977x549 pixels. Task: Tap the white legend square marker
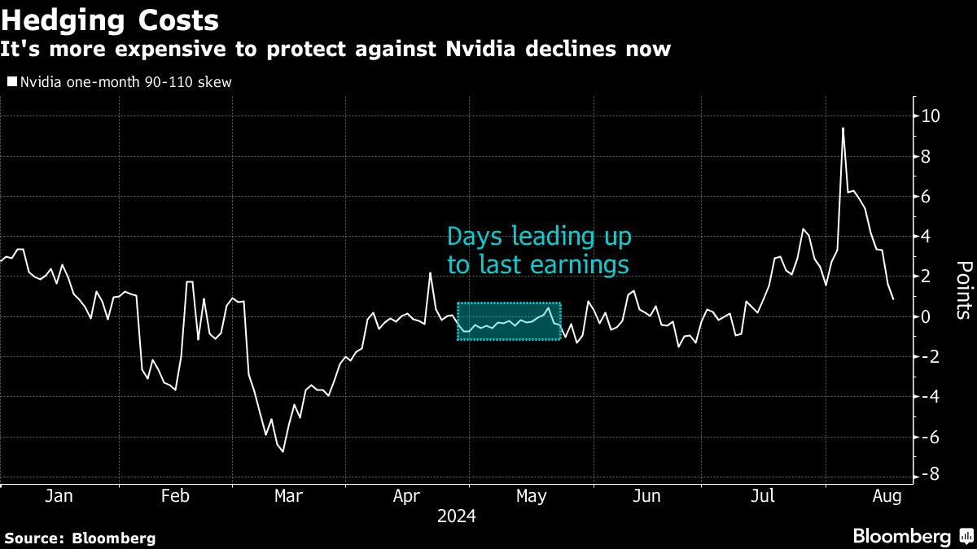tap(11, 81)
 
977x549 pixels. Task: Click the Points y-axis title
tap(962, 290)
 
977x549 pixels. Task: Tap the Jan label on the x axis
tap(59, 496)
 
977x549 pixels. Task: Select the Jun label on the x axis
tap(646, 496)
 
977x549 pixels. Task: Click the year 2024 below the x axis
tap(457, 516)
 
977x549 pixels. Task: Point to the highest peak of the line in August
tap(843, 129)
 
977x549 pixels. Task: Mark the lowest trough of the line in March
tap(283, 451)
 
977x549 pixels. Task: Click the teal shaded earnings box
tap(509, 321)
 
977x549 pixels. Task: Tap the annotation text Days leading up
tap(539, 237)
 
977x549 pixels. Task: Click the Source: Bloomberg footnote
tap(80, 538)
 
